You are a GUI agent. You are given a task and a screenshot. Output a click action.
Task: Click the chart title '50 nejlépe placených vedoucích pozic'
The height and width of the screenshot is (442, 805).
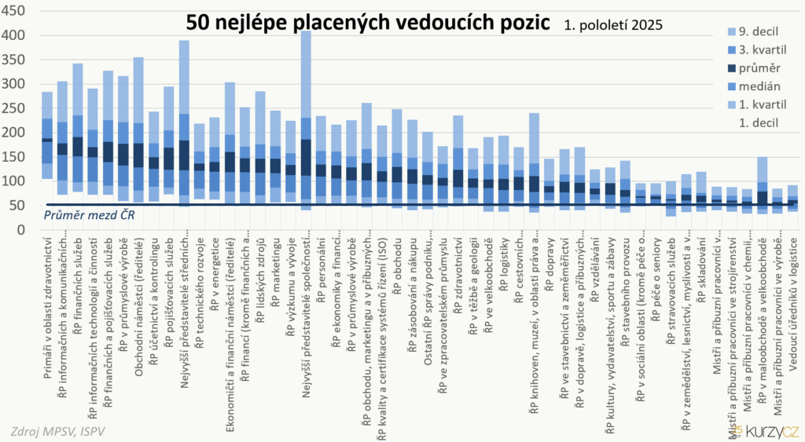click(x=368, y=23)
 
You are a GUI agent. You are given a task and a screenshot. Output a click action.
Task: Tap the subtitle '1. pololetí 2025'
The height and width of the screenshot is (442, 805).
click(x=613, y=25)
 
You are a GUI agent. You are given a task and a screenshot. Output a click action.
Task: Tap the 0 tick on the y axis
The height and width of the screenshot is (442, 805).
click(x=22, y=230)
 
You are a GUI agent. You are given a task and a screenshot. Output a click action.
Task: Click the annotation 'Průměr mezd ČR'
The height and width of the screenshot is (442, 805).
click(x=87, y=215)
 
